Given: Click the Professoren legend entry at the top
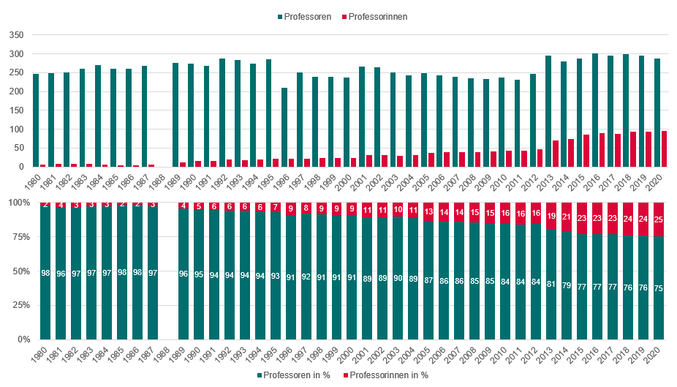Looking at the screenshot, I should coord(308,16).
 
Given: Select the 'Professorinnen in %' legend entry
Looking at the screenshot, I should coord(387,375).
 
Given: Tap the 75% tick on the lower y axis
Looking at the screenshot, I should coord(18,236).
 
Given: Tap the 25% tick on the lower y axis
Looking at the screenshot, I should coord(18,305).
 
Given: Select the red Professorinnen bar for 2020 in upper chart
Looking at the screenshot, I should coord(665,149).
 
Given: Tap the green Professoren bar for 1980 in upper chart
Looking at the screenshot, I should coord(36,121).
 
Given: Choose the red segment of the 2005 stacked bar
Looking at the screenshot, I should coord(428,211).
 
